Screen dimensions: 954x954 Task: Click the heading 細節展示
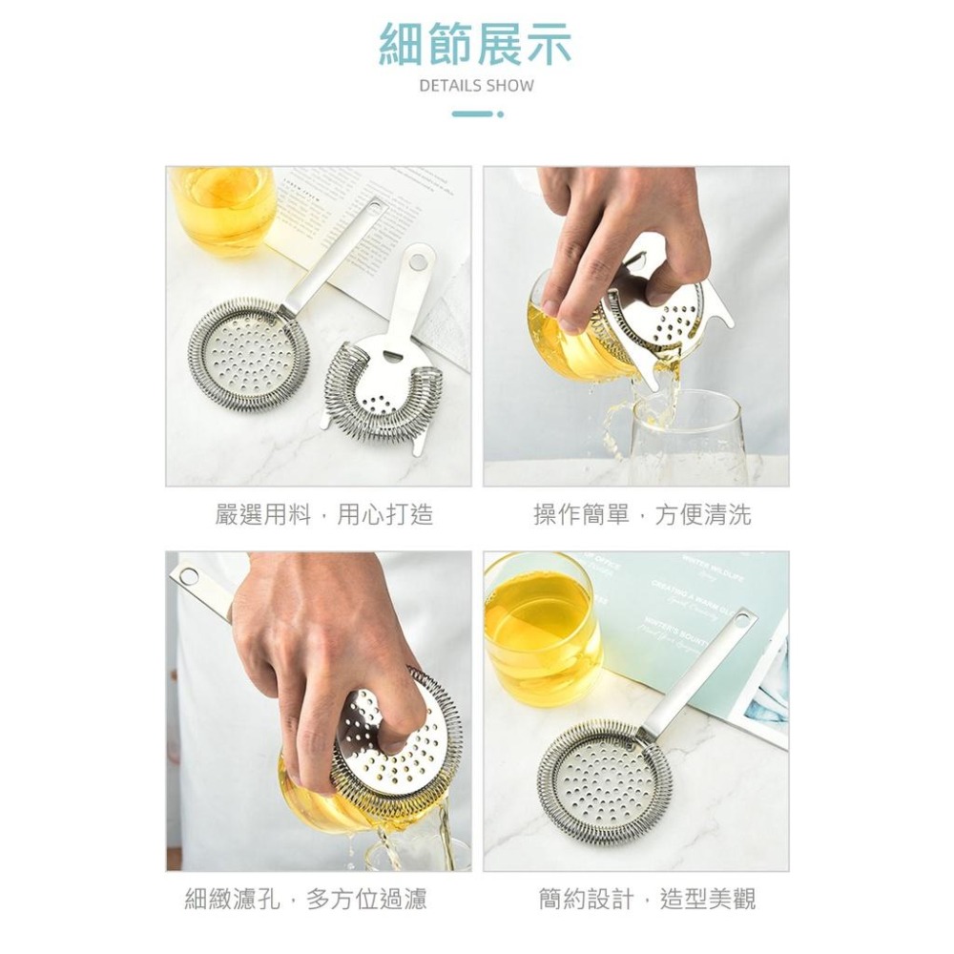pos(475,45)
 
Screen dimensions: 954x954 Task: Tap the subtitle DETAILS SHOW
pos(476,86)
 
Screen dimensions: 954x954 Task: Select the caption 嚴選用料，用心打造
pos(324,515)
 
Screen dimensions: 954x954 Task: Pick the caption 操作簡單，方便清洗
pos(642,515)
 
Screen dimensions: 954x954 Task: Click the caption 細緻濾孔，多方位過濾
pos(305,898)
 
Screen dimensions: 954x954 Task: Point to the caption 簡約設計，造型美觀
pos(648,898)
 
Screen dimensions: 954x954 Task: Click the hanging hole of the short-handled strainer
pos(416,259)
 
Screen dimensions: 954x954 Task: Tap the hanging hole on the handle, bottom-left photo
pos(188,576)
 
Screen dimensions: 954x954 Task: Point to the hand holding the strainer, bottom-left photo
pos(315,658)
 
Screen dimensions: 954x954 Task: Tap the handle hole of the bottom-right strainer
pos(740,622)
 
